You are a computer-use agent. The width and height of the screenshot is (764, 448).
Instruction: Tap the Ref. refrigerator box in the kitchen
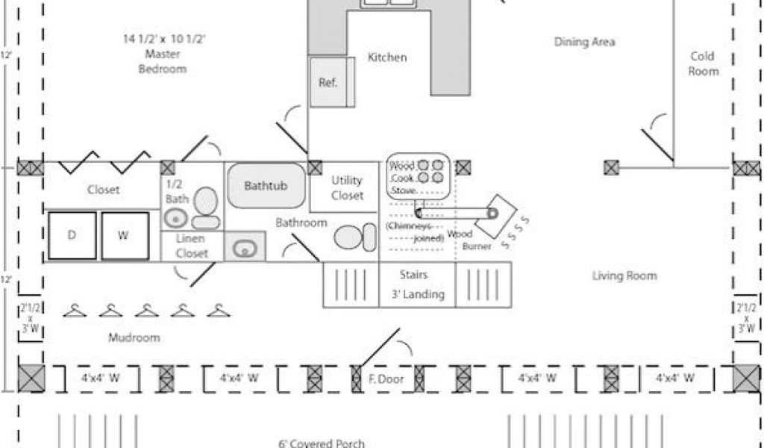point(328,82)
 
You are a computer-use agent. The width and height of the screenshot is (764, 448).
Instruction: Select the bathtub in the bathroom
point(266,186)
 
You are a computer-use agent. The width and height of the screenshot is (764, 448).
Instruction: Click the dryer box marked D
point(72,235)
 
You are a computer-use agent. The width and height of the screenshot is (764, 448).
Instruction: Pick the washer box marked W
point(123,235)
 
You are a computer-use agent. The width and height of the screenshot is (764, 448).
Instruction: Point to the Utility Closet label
point(347,187)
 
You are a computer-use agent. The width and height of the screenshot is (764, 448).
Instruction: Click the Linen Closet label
point(192,246)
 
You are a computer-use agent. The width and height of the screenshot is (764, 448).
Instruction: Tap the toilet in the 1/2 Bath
point(205,208)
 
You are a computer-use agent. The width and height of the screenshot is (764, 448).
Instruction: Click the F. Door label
point(386,379)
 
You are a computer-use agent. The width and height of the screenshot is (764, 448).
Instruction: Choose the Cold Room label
point(703,63)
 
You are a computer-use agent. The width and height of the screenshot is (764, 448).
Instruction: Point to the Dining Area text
point(584,42)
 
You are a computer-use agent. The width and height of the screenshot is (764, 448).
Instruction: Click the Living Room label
point(624,276)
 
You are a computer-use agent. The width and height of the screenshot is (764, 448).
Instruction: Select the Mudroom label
point(134,337)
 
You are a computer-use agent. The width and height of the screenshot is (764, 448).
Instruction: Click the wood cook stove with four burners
point(417,177)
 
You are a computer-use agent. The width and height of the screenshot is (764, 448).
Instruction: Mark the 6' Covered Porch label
point(322,444)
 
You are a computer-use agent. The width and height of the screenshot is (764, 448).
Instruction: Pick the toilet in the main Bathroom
point(355,237)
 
